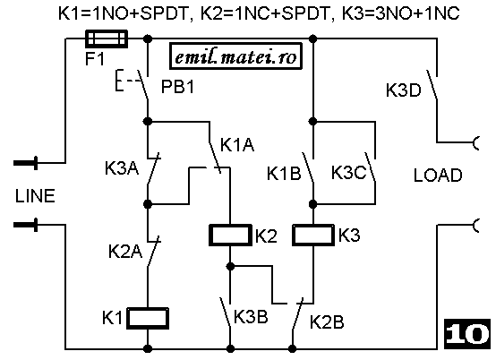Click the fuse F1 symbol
tap(107, 39)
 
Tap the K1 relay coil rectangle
tap(148, 318)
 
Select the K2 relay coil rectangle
tap(230, 235)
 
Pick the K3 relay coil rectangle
tap(313, 235)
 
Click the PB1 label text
tap(177, 86)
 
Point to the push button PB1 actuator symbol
tap(126, 81)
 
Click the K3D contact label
tap(403, 90)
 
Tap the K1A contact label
tap(237, 145)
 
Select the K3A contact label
tap(122, 168)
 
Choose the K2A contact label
tap(125, 252)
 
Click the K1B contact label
tap(284, 174)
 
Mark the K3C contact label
tap(348, 173)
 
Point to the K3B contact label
tap(251, 317)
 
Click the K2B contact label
tap(327, 322)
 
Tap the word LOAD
tap(438, 176)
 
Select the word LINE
tap(35, 196)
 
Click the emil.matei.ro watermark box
tap(235, 56)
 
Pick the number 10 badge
tap(466, 334)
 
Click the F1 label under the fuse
tap(95, 59)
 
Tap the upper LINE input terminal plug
tap(26, 163)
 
